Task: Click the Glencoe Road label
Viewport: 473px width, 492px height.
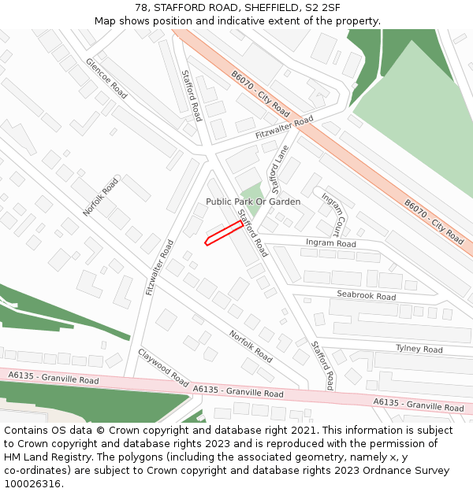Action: pyautogui.click(x=106, y=78)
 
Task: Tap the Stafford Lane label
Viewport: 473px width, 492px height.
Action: pyautogui.click(x=279, y=169)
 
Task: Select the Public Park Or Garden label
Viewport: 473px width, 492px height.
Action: pyautogui.click(x=253, y=202)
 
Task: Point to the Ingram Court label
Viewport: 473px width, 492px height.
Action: pyautogui.click(x=332, y=214)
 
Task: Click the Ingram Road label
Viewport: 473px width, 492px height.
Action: pyautogui.click(x=330, y=243)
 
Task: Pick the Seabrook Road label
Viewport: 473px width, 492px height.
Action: pyautogui.click(x=366, y=296)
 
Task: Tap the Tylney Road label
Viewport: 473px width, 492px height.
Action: pyautogui.click(x=419, y=348)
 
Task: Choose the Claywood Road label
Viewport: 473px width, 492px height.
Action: pyautogui.click(x=163, y=367)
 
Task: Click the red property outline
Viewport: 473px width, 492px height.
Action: pyautogui.click(x=224, y=233)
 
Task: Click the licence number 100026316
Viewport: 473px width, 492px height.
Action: pyautogui.click(x=32, y=483)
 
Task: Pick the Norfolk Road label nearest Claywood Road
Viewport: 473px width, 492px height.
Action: pyautogui.click(x=251, y=346)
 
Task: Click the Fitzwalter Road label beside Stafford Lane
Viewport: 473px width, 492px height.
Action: pyautogui.click(x=284, y=128)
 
